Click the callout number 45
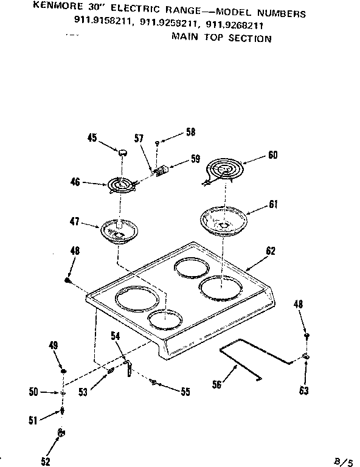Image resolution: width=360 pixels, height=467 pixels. click(x=92, y=137)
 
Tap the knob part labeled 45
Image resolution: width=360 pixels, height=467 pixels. click(x=123, y=152)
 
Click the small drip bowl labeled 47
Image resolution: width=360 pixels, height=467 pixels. click(x=119, y=231)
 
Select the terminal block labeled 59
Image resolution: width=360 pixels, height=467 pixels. click(x=161, y=171)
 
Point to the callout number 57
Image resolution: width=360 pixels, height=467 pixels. click(x=138, y=139)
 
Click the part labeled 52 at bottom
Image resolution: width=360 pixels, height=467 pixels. click(x=61, y=433)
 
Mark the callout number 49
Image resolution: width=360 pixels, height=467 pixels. click(x=53, y=346)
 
